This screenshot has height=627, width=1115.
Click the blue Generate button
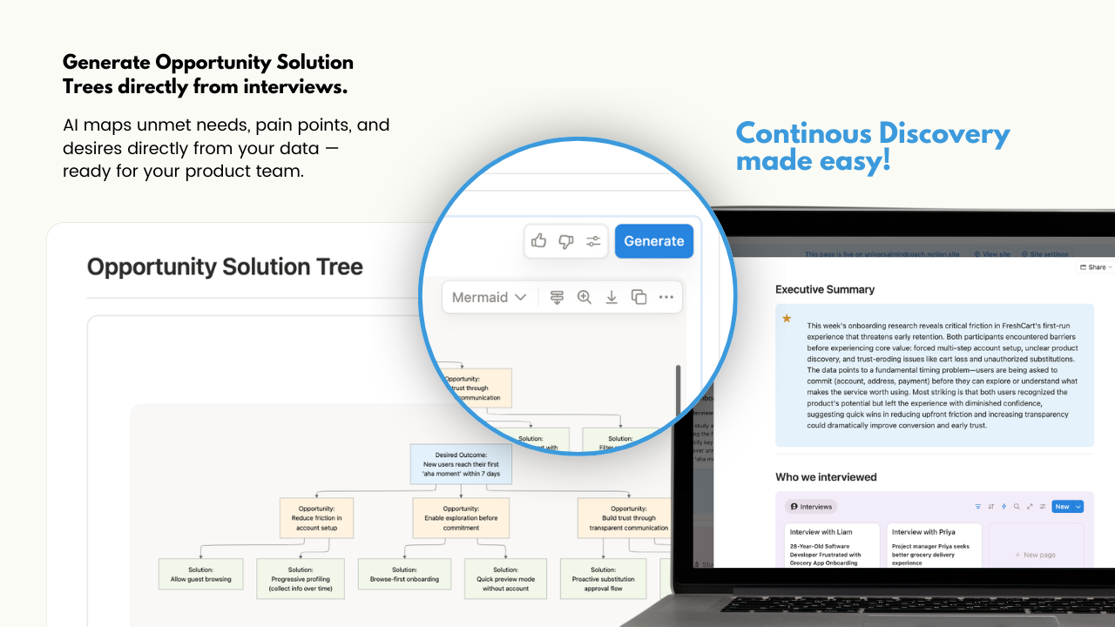(653, 241)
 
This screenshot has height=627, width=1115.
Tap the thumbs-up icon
(538, 241)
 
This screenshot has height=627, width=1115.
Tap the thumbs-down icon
(566, 241)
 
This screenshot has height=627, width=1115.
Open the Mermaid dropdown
(489, 297)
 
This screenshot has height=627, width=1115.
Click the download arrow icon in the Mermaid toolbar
(612, 297)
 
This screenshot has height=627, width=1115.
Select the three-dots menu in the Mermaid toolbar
(666, 297)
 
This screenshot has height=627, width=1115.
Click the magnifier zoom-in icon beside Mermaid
(585, 297)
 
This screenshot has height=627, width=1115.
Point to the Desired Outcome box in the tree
(461, 465)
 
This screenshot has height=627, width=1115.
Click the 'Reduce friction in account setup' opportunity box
(316, 518)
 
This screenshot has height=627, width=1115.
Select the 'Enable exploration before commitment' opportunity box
(461, 518)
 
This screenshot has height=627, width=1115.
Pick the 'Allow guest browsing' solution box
(201, 574)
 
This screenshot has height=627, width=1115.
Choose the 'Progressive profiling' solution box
(301, 579)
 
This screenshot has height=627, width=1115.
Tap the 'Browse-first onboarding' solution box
(404, 574)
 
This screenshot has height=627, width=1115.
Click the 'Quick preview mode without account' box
(505, 579)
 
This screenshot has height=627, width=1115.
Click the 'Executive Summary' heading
(825, 289)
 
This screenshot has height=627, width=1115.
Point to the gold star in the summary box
(787, 319)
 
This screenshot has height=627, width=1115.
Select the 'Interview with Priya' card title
(922, 531)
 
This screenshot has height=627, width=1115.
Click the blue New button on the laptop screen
(1062, 506)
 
